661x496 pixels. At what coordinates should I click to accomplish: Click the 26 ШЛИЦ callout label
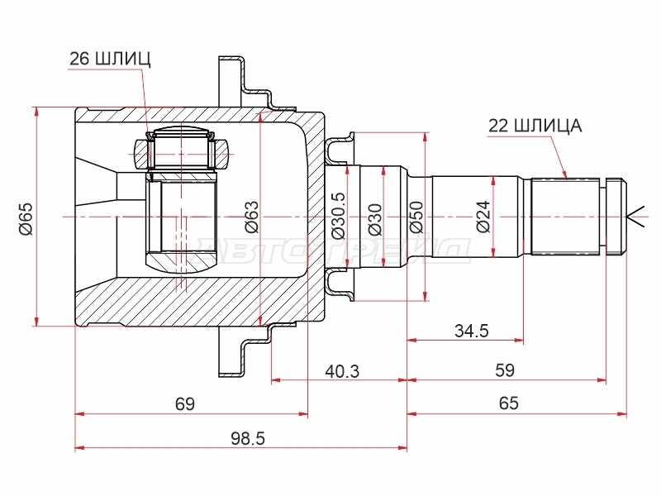pyautogui.click(x=110, y=59)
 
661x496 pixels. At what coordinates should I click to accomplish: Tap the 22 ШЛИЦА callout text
pyautogui.click(x=535, y=126)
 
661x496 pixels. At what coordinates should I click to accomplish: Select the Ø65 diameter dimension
pyautogui.click(x=26, y=218)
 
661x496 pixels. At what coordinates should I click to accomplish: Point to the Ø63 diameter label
pyautogui.click(x=252, y=217)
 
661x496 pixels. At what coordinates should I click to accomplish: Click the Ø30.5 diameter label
pyautogui.click(x=339, y=215)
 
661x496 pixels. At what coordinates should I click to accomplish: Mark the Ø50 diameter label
pyautogui.click(x=416, y=217)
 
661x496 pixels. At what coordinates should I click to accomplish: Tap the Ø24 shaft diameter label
pyautogui.click(x=483, y=217)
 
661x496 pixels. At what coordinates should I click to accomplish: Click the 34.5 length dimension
pyautogui.click(x=472, y=331)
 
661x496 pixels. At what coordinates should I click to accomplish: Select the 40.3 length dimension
pyautogui.click(x=342, y=371)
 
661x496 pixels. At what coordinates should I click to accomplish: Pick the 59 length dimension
pyautogui.click(x=505, y=370)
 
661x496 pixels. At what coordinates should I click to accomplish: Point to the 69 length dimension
pyautogui.click(x=185, y=404)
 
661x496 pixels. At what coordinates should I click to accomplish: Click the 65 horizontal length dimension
pyautogui.click(x=508, y=403)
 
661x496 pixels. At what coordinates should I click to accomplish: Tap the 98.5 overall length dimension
pyautogui.click(x=248, y=439)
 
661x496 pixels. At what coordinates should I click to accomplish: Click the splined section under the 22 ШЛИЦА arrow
pyautogui.click(x=565, y=217)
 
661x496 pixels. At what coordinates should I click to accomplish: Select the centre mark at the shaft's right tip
pyautogui.click(x=635, y=217)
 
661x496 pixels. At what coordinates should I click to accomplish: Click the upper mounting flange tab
pyautogui.click(x=231, y=80)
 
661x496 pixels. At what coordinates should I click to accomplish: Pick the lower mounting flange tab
pyautogui.click(x=231, y=352)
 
